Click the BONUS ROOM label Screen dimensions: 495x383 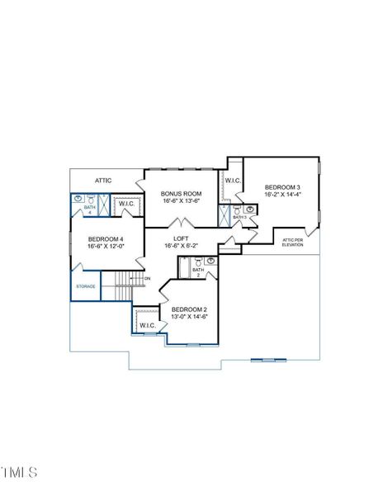pyautogui.click(x=181, y=193)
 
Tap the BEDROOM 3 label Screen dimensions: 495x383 pyautogui.click(x=281, y=188)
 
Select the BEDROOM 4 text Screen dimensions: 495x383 pyautogui.click(x=105, y=240)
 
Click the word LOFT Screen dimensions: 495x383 pyautogui.click(x=182, y=238)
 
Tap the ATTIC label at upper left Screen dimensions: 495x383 pyautogui.click(x=103, y=179)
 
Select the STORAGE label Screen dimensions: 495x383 pyautogui.click(x=86, y=286)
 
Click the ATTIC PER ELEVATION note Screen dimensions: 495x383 pyautogui.click(x=292, y=243)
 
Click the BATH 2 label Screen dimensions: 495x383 pyautogui.click(x=198, y=271)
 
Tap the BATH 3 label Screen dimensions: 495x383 pyautogui.click(x=239, y=217)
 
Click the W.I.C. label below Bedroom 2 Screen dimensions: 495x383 pyautogui.click(x=148, y=325)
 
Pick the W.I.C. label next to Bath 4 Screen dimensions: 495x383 pyautogui.click(x=127, y=203)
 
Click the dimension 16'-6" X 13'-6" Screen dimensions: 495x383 pyautogui.click(x=181, y=200)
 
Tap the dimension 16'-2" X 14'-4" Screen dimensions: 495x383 pyautogui.click(x=281, y=196)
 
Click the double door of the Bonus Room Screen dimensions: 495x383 pyautogui.click(x=182, y=224)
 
